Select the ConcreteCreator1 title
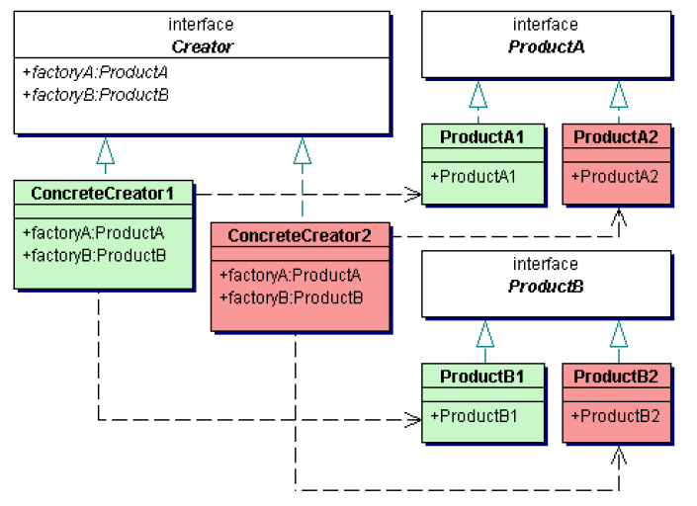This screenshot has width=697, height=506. (103, 194)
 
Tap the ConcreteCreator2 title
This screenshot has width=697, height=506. (300, 236)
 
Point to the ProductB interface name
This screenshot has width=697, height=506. (546, 287)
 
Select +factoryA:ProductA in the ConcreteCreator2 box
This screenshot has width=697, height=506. (290, 276)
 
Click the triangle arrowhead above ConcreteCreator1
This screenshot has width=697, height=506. (105, 150)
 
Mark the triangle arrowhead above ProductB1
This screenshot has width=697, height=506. (484, 334)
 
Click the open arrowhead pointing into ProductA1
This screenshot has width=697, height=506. (414, 195)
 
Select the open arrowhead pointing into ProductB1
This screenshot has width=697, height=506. (414, 420)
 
